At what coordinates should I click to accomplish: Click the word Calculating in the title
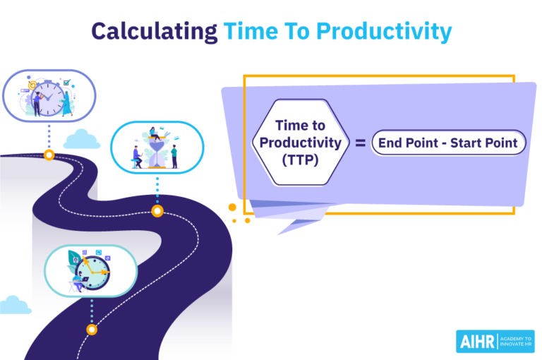[x=155, y=31]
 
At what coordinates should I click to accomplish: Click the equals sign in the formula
[x=359, y=143]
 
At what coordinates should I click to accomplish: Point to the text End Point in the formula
[x=406, y=143]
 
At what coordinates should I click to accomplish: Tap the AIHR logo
[x=476, y=341]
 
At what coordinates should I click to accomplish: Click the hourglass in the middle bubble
[x=156, y=150]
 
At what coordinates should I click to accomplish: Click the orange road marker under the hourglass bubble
[x=157, y=210]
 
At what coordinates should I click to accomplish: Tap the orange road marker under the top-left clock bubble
[x=49, y=155]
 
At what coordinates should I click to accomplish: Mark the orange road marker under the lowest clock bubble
[x=91, y=329]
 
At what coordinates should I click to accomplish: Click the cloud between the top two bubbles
[x=81, y=139]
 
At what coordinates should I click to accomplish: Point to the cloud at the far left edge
[x=13, y=305]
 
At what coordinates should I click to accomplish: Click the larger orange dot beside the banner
[x=232, y=208]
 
